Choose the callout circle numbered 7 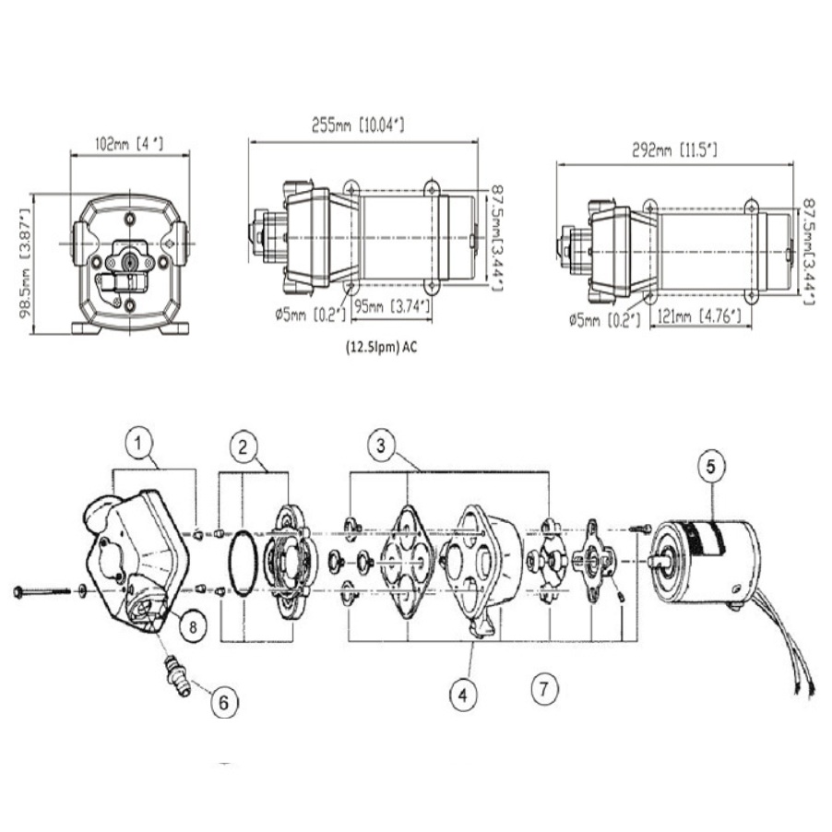point(545,686)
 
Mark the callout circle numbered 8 point(192,626)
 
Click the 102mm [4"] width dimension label point(129,144)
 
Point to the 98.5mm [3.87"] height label point(25,263)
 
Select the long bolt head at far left point(19,591)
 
